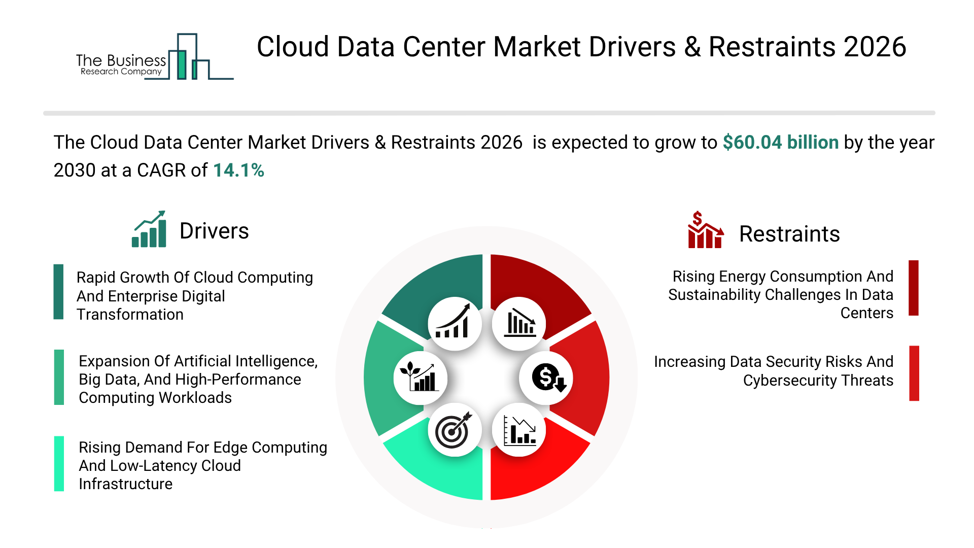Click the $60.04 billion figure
780,143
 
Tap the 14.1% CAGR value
238,170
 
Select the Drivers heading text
214,231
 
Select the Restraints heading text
789,234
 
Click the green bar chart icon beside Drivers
149,229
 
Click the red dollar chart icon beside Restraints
705,230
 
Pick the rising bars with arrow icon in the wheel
454,323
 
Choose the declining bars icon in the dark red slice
519,323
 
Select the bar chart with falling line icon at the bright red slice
519,430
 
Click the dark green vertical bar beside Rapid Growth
59,292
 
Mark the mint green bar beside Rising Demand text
59,464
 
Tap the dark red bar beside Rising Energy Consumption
914,288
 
